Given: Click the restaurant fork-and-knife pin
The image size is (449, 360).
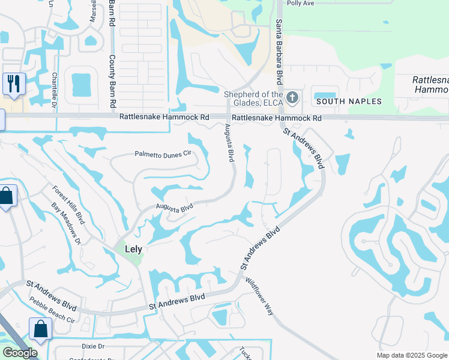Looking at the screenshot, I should [14, 83].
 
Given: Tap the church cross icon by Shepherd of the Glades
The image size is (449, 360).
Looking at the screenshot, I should [292, 97].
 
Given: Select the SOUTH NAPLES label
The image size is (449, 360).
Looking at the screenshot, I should [349, 101].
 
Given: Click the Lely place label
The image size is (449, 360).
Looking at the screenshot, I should [133, 248].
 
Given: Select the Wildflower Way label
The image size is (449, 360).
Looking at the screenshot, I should [259, 296].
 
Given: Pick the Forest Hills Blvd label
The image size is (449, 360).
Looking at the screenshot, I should [68, 204].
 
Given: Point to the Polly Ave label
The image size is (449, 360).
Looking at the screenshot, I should [301, 3].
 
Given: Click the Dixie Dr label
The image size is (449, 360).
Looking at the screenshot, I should [93, 346].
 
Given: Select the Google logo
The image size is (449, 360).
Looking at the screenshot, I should [19, 353].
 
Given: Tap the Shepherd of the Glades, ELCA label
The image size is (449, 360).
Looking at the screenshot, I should [253, 98].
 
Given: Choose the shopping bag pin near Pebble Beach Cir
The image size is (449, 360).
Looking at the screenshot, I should [40, 329].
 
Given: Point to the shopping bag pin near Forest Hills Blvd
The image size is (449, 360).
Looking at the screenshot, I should [6, 196].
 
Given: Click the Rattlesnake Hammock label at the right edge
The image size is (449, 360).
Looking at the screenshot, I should [430, 85].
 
